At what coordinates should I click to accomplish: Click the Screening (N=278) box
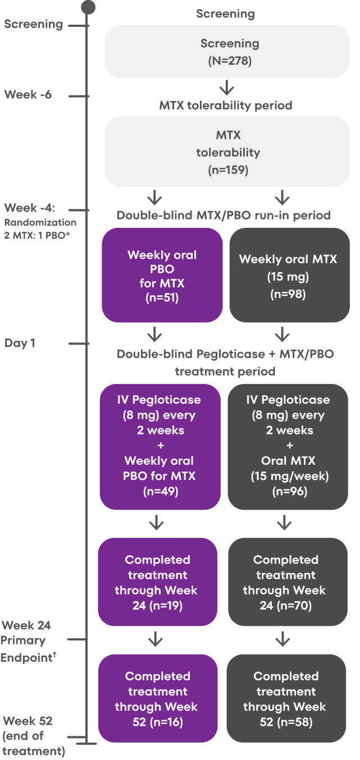tap(226, 51)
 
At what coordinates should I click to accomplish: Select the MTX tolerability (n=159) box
tap(226, 152)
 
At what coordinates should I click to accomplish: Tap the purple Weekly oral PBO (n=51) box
tap(162, 275)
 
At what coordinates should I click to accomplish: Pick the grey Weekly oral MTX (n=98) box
tap(289, 275)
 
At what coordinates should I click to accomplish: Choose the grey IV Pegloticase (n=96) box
tap(288, 446)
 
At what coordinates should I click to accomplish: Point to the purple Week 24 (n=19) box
tap(158, 582)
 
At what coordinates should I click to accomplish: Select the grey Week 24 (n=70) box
tap(286, 582)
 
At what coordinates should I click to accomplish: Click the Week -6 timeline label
tap(28, 94)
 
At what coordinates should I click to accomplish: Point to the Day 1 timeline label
tap(20, 343)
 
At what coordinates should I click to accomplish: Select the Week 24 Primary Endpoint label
tap(28, 640)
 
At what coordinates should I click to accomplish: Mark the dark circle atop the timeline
tap(88, 7)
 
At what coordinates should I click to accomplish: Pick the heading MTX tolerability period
tap(226, 105)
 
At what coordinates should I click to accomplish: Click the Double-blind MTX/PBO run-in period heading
tap(223, 216)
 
